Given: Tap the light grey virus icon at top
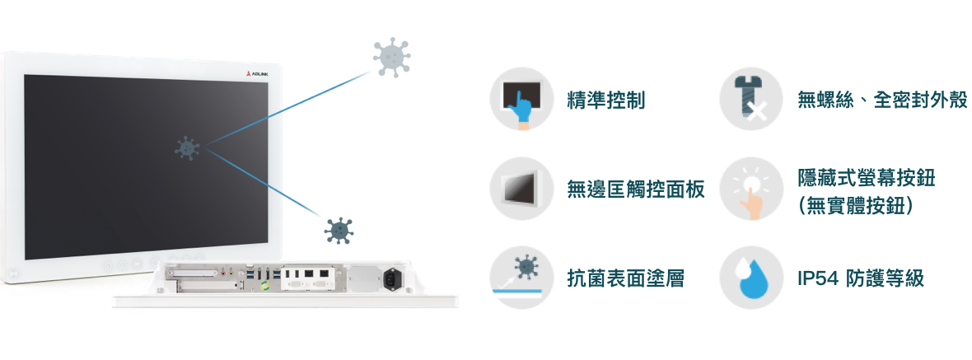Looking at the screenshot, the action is coord(391,57).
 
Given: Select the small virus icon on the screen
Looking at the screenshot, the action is coord(187,149).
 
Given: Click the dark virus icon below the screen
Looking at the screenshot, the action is coord(339,231).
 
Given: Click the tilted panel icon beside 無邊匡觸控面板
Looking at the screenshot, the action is coord(521,189).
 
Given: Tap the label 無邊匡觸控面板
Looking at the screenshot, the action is coord(636,189).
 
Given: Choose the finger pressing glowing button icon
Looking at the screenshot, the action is coord(750,189).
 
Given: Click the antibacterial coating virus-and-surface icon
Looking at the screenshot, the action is coord(521,278).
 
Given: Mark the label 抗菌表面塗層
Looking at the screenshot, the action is coord(626,278).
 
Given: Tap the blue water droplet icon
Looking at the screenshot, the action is coord(750,278).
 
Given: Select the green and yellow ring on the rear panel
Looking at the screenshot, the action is coord(266,285).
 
